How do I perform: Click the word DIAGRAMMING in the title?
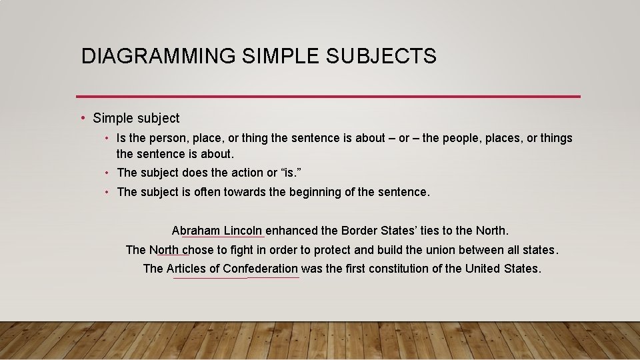coord(158,57)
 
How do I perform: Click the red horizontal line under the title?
coord(328,97)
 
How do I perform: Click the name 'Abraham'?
coord(195,231)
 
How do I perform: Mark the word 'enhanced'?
coord(291,231)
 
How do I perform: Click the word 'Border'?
coord(359,231)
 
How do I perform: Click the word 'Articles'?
coord(186,269)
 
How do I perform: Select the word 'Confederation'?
coord(260,269)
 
